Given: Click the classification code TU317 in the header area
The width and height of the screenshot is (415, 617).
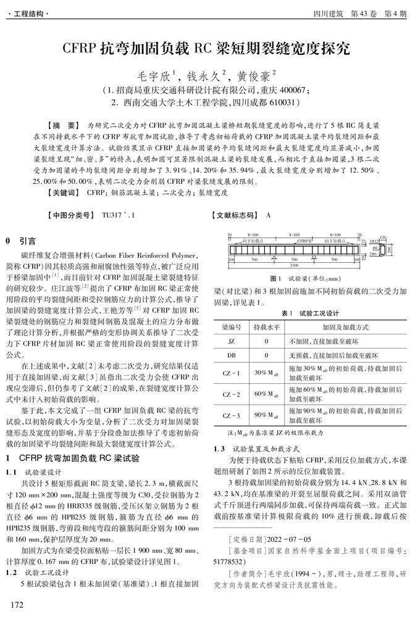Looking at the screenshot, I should pyautogui.click(x=114, y=215).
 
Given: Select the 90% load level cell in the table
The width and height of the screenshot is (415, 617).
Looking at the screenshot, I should pyautogui.click(x=261, y=415).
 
